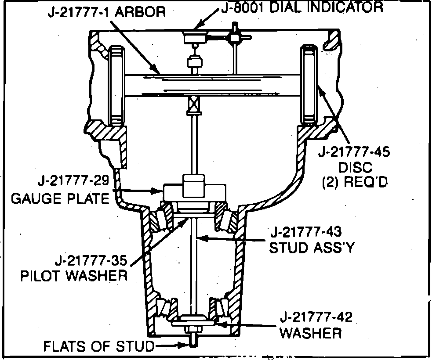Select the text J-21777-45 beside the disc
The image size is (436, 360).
[x=354, y=153]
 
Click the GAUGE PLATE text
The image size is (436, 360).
[x=60, y=199]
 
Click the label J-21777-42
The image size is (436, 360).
[x=316, y=317]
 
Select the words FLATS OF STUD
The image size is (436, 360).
[x=98, y=346]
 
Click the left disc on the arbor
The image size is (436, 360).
[x=116, y=84]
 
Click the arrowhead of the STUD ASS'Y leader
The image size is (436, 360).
[x=200, y=238]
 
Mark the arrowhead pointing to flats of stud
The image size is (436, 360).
[x=185, y=346]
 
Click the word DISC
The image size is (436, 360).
[x=355, y=167]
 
